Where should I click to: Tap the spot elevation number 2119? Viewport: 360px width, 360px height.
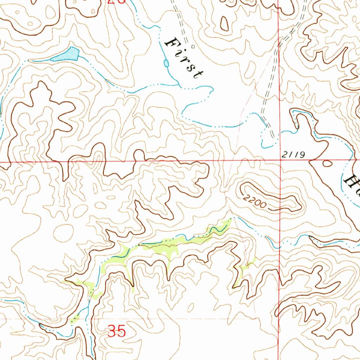click(291, 154)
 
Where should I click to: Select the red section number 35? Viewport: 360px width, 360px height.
click(116, 331)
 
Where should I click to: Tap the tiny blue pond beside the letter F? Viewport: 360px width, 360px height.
click(166, 63)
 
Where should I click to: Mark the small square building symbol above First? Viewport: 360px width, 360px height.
click(192, 46)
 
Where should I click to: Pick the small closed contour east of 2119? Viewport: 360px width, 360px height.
click(327, 163)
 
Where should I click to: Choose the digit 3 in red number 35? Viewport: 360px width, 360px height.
click(112, 331)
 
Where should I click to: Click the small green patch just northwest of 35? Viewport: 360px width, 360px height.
click(75, 319)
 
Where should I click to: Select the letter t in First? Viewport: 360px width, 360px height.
click(199, 74)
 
